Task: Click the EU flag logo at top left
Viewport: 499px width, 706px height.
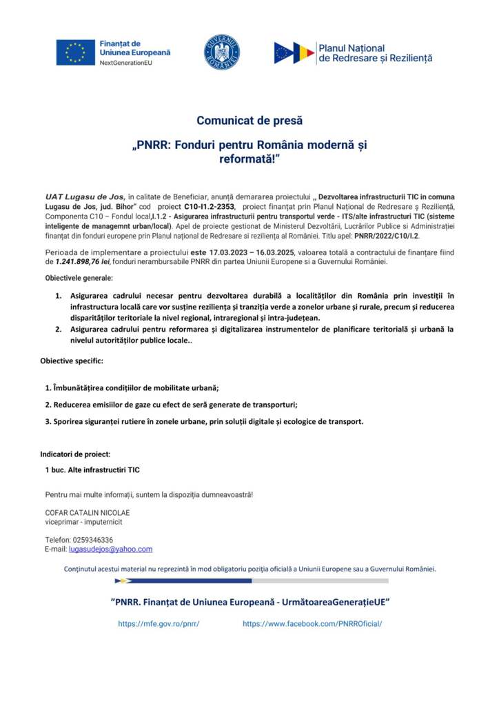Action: [76, 52]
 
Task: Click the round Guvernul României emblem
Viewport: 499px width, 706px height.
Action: [222, 52]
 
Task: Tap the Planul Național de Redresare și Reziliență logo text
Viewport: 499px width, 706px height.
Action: [375, 53]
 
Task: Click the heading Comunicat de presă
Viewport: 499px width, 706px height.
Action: [250, 121]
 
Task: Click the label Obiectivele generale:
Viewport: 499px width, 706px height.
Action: [79, 278]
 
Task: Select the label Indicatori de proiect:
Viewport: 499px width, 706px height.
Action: [75, 454]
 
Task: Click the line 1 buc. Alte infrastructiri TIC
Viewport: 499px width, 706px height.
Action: [92, 470]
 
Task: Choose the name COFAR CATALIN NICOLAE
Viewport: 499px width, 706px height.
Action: [88, 513]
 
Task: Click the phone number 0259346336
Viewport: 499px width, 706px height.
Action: [92, 540]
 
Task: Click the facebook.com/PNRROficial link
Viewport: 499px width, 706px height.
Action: [312, 624]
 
